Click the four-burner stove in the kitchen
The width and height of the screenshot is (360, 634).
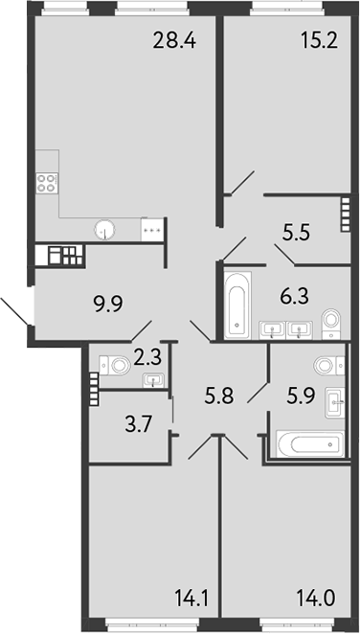pyautogui.click(x=47, y=184)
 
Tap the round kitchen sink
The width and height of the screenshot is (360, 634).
pyautogui.click(x=106, y=229)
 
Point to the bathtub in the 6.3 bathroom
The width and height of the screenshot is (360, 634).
pyautogui.click(x=236, y=306)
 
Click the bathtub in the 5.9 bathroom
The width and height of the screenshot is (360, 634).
pyautogui.click(x=309, y=443)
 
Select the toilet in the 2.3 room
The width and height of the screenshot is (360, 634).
pyautogui.click(x=115, y=364)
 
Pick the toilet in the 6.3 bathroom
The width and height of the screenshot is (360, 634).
pyautogui.click(x=331, y=321)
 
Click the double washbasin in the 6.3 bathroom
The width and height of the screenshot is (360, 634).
pyautogui.click(x=286, y=331)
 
